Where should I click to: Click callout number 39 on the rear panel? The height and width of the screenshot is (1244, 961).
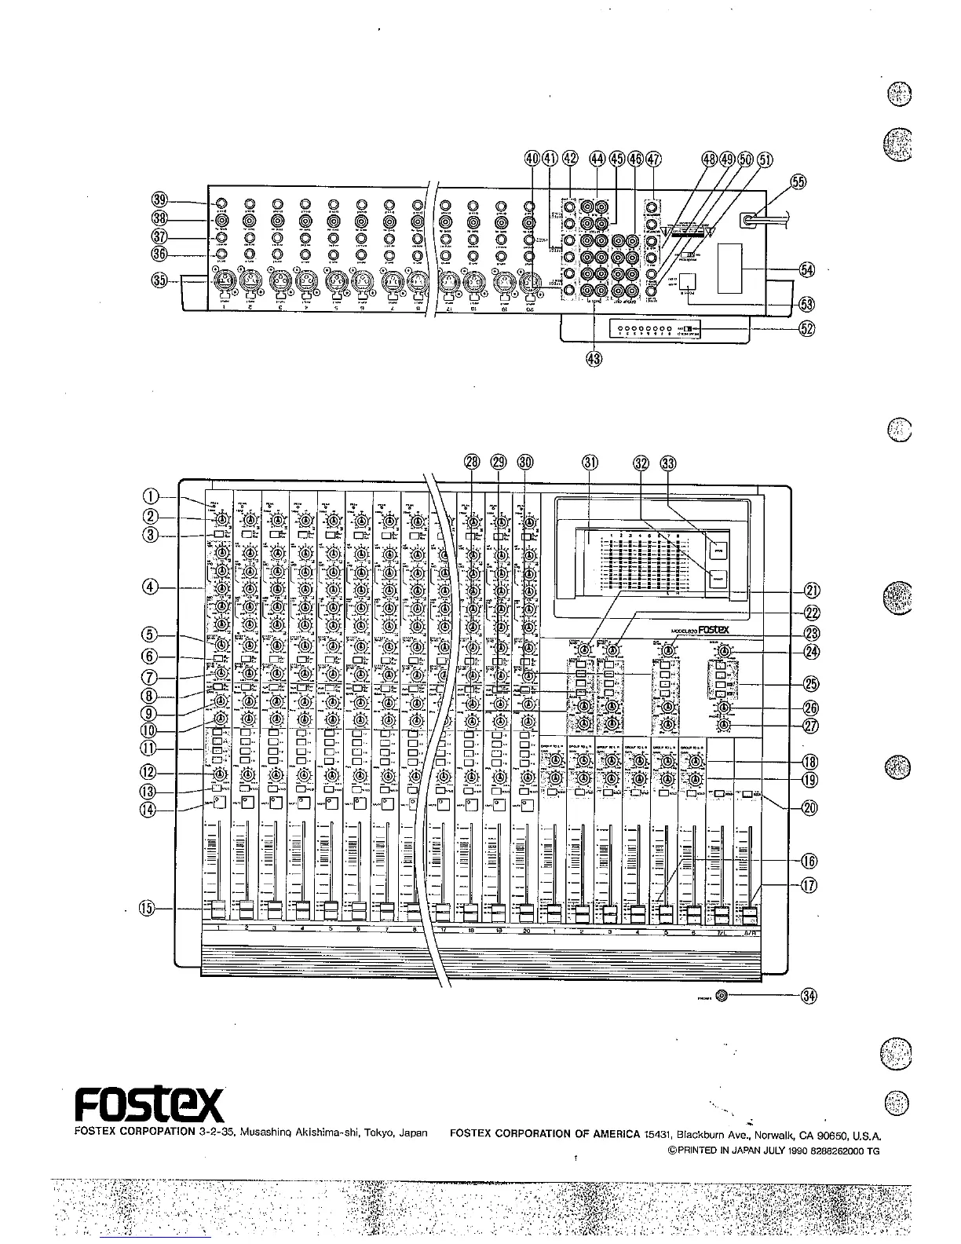(160, 200)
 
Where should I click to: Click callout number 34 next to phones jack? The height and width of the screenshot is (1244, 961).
(809, 997)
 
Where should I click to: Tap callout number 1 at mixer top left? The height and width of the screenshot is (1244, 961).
(152, 496)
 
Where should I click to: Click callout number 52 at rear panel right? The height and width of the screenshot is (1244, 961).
(806, 330)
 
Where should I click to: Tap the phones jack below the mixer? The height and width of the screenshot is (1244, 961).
(722, 997)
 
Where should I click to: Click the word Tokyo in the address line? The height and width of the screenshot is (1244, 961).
(368, 1133)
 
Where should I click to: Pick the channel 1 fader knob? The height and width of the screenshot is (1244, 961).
(217, 909)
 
